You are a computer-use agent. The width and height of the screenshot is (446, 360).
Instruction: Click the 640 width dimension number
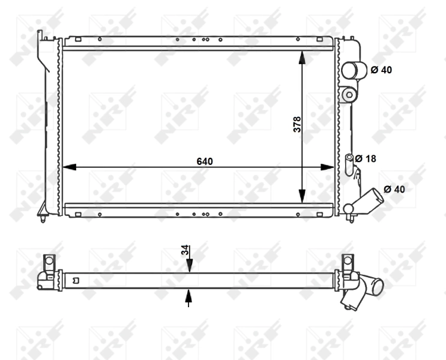(205, 161)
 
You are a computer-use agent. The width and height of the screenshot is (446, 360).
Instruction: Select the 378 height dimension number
(297, 124)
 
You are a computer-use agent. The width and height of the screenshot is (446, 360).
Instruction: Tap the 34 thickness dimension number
(184, 251)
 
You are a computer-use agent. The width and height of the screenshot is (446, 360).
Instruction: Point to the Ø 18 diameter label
(365, 158)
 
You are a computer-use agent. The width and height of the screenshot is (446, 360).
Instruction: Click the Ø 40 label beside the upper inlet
(381, 70)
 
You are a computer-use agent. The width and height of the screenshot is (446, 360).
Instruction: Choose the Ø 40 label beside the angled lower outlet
(394, 189)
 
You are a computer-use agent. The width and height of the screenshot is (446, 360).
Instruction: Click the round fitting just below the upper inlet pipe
(348, 94)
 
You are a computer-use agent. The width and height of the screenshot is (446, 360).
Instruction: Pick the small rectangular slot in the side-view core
(75, 280)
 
